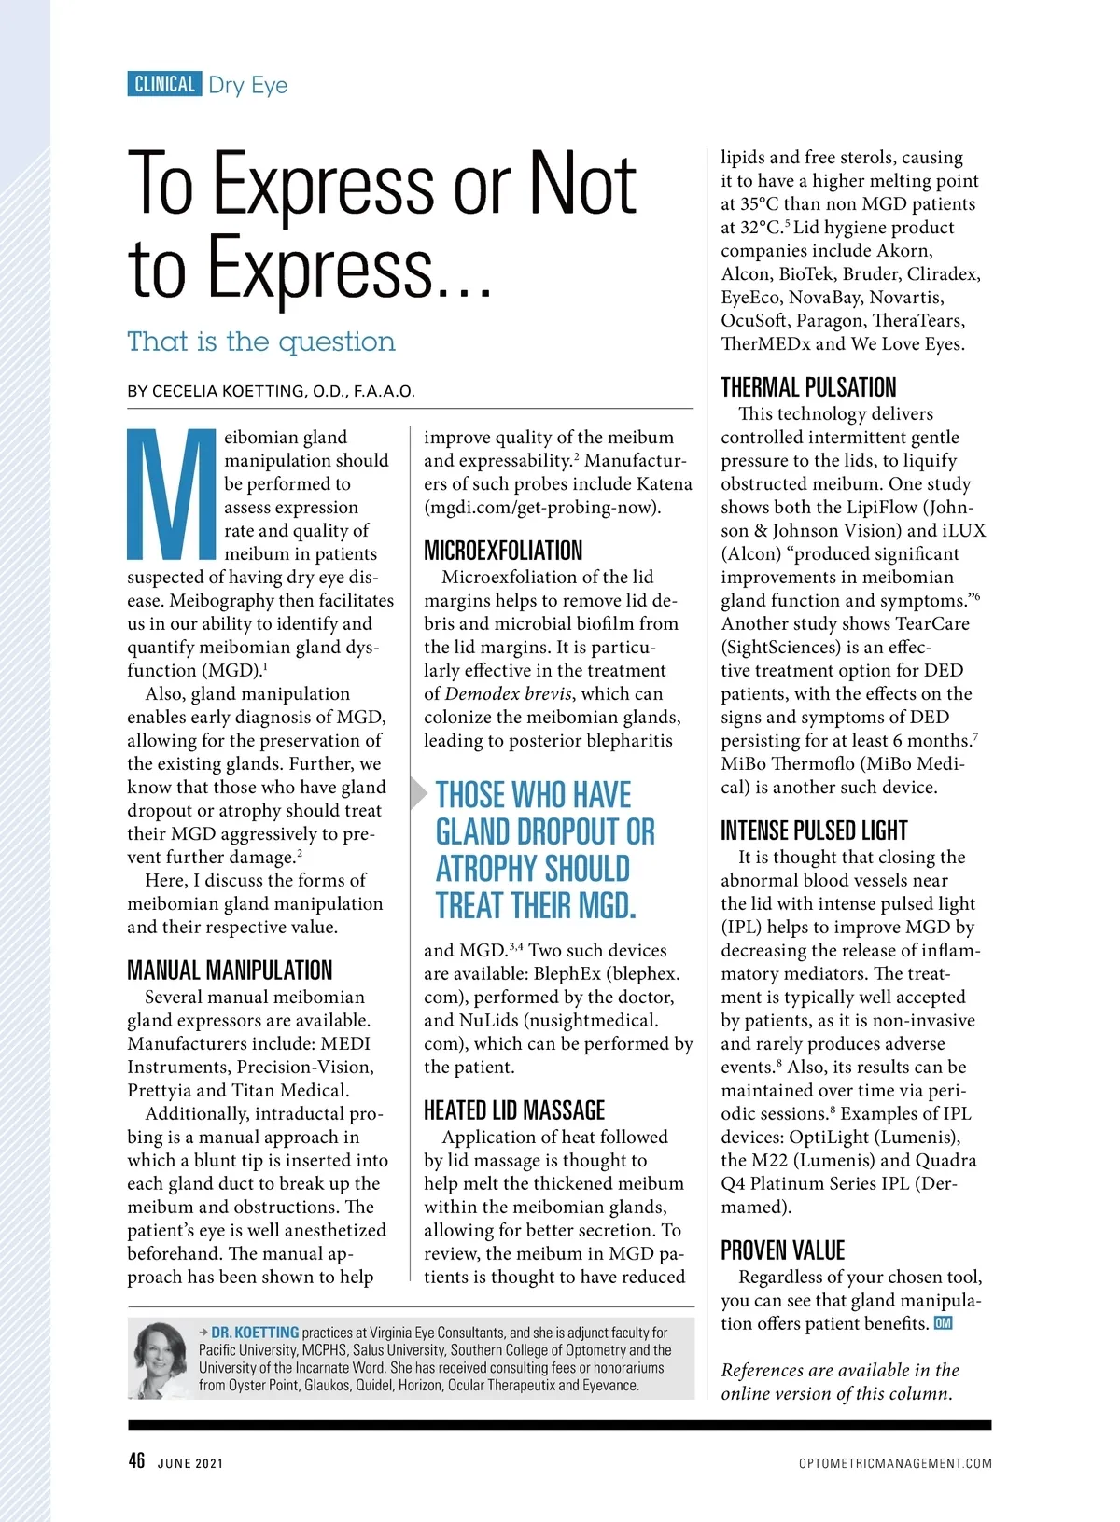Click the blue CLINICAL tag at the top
point(164,84)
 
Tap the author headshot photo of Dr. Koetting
point(161,1359)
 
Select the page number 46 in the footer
point(136,1460)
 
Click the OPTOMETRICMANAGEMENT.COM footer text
point(895,1463)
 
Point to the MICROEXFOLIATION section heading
point(503,551)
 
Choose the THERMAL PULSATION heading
point(808,387)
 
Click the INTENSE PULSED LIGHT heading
point(814,831)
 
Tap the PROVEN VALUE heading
point(782,1250)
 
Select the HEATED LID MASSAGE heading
point(514,1110)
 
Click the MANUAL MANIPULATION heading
point(230,970)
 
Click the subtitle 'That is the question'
point(261,342)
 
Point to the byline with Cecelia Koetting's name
point(272,391)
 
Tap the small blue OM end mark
point(943,1323)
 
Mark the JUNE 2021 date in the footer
point(190,1463)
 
